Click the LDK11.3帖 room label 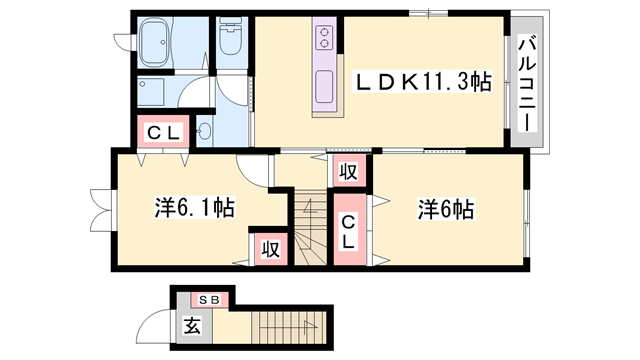pos(423,82)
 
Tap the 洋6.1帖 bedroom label pos(194,207)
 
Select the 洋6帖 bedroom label pos(446,209)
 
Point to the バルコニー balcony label pos(527,84)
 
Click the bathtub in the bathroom pos(154,44)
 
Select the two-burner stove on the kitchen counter pos(325,38)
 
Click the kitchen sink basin pos(324,87)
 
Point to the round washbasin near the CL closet pos(204,131)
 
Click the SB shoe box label pos(209,300)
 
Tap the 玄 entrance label pos(192,325)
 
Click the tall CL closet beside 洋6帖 pos(349,229)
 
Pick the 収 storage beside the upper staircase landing pos(348,171)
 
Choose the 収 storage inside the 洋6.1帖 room pos(271,249)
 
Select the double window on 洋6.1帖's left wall pos(103,210)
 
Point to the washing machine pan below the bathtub pos(151,92)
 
